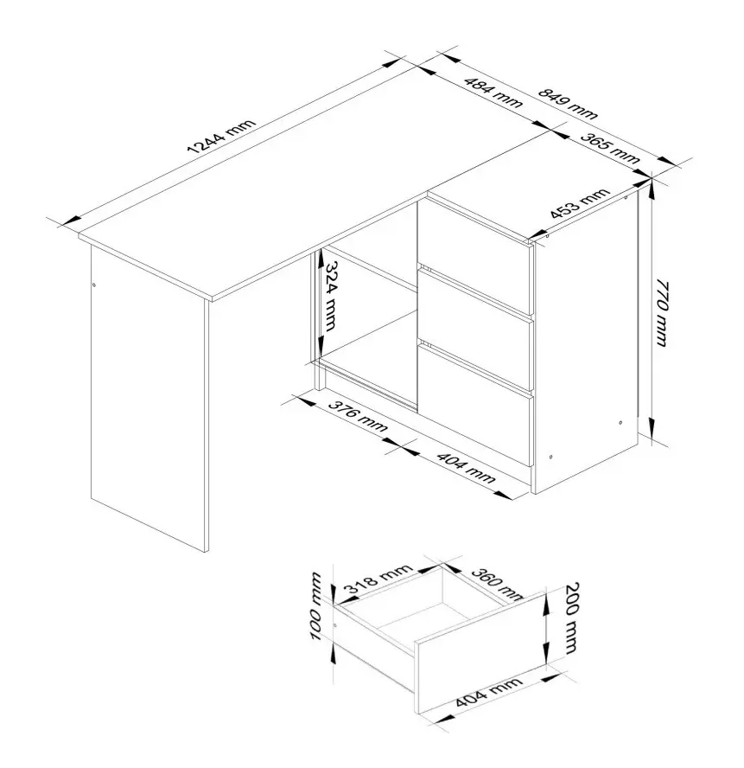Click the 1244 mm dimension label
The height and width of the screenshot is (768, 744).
click(x=222, y=137)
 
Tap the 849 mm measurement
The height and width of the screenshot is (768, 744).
click(x=568, y=103)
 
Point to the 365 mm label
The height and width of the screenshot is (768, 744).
click(x=610, y=148)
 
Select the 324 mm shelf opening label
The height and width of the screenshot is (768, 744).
click(x=331, y=295)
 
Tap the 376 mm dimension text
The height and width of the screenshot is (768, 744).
click(x=358, y=416)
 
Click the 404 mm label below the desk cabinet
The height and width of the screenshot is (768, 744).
click(x=466, y=468)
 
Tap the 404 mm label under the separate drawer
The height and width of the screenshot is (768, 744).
click(x=488, y=692)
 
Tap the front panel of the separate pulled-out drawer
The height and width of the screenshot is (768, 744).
click(x=480, y=659)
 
